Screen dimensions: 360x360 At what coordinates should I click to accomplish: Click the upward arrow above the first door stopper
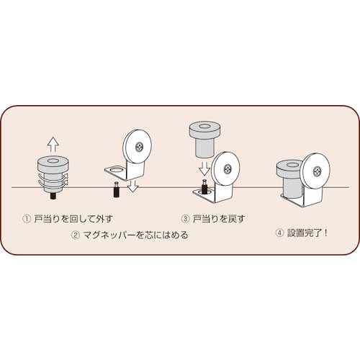53,145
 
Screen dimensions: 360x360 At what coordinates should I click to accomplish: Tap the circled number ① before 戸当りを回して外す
27,219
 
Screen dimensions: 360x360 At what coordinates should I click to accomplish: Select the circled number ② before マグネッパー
76,235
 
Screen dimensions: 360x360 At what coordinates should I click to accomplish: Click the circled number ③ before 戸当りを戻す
185,219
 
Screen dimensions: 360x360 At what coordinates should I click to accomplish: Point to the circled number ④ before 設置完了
279,233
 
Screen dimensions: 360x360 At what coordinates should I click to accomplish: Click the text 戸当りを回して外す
73,219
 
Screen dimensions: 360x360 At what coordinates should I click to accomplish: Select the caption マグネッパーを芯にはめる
135,235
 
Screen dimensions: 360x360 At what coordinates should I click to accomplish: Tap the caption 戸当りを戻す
219,219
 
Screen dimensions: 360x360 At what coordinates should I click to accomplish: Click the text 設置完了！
307,233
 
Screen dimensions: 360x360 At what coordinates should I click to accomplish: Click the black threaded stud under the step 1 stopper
53,196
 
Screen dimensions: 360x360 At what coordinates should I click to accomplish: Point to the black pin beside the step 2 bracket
117,189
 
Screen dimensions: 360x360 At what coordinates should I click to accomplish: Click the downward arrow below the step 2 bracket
132,186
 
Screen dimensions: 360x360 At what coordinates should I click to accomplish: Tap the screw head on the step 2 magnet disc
139,147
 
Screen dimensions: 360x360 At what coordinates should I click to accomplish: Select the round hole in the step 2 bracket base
116,170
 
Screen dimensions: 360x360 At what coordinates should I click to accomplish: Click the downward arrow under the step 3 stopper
204,168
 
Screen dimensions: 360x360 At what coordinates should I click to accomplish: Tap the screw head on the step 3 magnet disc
228,169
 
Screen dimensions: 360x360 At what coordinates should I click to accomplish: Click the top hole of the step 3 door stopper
204,126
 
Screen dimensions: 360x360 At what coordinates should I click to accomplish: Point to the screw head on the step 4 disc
318,171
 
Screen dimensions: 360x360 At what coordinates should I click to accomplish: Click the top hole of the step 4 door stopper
291,165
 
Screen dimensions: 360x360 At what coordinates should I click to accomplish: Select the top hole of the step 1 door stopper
53,161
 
